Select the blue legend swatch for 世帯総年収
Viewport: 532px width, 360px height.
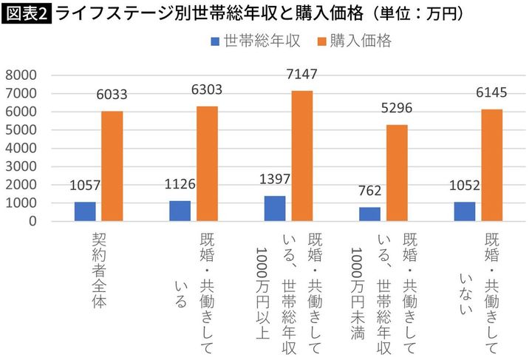(215, 42)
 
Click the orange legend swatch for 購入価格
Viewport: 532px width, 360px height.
(315, 42)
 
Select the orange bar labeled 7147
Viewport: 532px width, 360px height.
(301, 155)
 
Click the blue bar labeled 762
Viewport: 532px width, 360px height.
(369, 214)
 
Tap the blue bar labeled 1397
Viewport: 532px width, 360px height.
(275, 208)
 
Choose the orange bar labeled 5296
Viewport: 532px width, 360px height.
(397, 172)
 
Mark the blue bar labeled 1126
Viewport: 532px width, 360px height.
(180, 211)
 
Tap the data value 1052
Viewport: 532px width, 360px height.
(465, 187)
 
